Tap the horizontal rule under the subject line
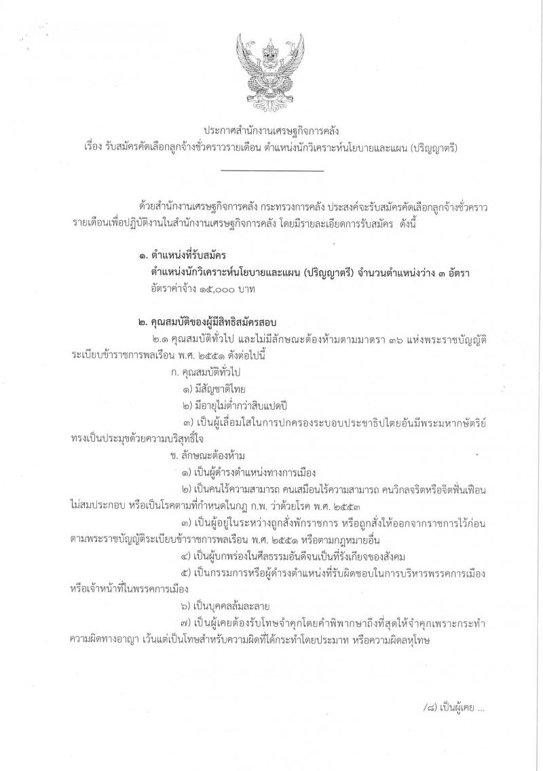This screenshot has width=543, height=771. click(273, 170)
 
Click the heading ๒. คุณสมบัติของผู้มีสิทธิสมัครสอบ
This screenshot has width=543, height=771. click(206, 321)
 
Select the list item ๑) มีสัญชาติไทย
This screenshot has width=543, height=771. click(213, 389)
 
